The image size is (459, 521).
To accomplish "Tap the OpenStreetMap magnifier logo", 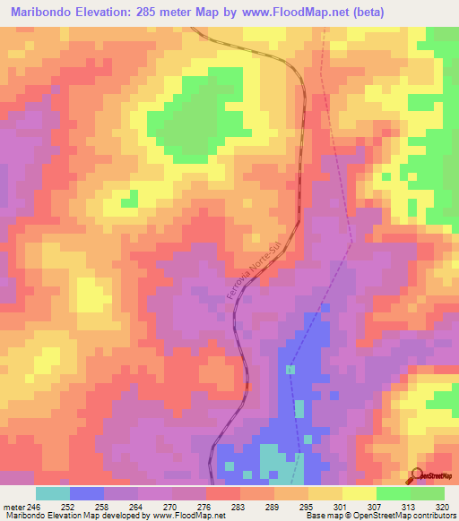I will [419, 476].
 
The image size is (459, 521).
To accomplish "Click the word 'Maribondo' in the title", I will [42, 13].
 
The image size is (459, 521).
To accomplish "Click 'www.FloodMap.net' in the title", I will [309, 13].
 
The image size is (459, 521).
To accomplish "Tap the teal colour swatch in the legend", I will [53, 493].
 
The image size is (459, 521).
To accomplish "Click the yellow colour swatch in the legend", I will [359, 493].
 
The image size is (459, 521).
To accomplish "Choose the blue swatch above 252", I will [87, 493].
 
